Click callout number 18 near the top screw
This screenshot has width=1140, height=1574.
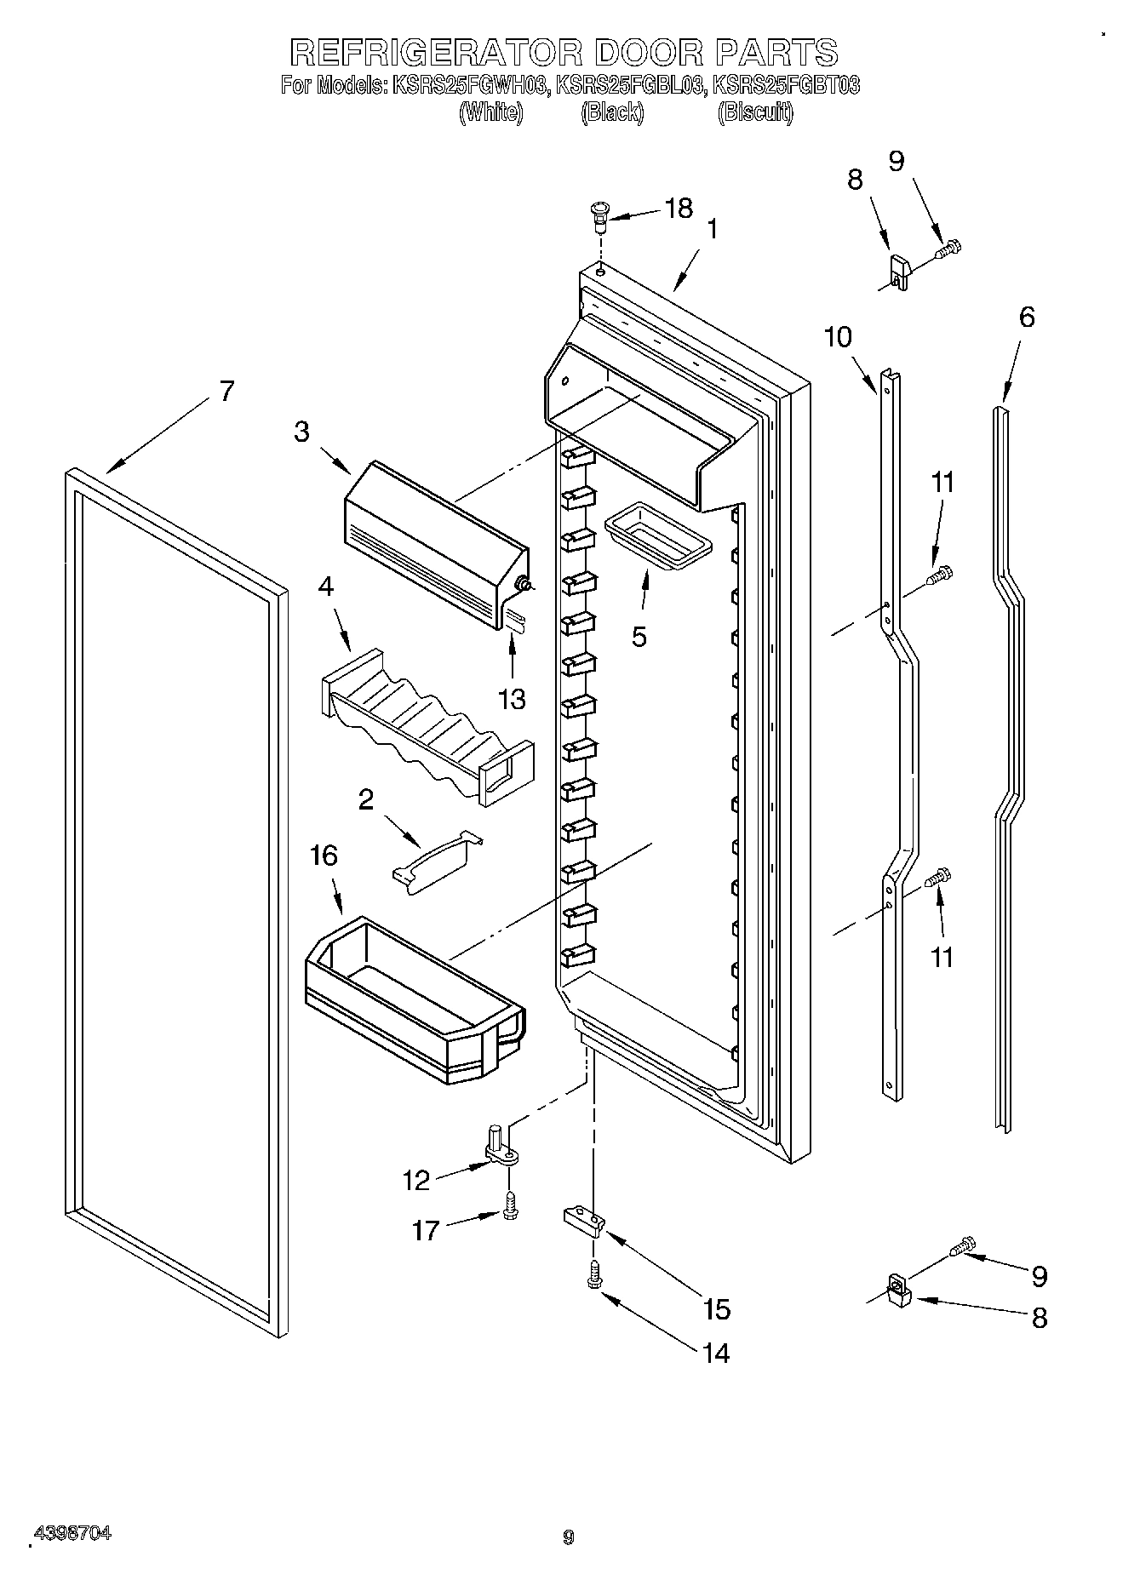[x=678, y=209]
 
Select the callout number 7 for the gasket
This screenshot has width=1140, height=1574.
[x=226, y=392]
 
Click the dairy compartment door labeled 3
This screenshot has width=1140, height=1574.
[x=434, y=545]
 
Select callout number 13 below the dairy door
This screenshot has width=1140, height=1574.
[x=512, y=699]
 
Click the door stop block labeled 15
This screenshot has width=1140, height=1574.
[x=583, y=1222]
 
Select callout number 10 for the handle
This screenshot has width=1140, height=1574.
[x=838, y=337]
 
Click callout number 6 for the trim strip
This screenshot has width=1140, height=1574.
[x=1027, y=317]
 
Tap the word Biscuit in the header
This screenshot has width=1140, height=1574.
[x=755, y=112]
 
